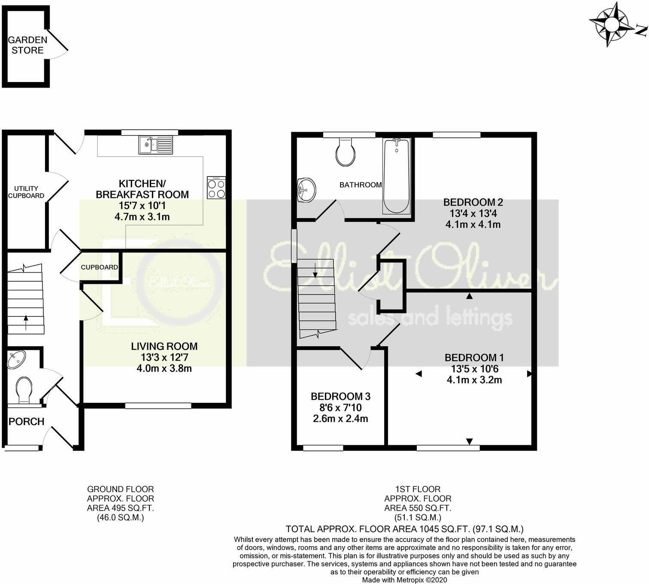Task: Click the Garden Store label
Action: click(x=27, y=45)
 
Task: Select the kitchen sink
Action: click(x=155, y=145)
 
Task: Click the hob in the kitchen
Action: click(x=216, y=188)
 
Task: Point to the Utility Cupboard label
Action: click(x=27, y=192)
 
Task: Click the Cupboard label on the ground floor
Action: click(x=99, y=267)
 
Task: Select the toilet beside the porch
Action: click(x=23, y=390)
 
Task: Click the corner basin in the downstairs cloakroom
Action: click(x=16, y=359)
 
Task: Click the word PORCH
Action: click(x=27, y=421)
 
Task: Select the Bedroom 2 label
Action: click(x=473, y=202)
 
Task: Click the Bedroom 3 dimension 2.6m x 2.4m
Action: click(x=340, y=419)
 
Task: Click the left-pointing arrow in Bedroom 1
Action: click(x=418, y=374)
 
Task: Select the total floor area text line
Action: click(x=404, y=529)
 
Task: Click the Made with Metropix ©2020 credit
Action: click(x=404, y=580)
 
